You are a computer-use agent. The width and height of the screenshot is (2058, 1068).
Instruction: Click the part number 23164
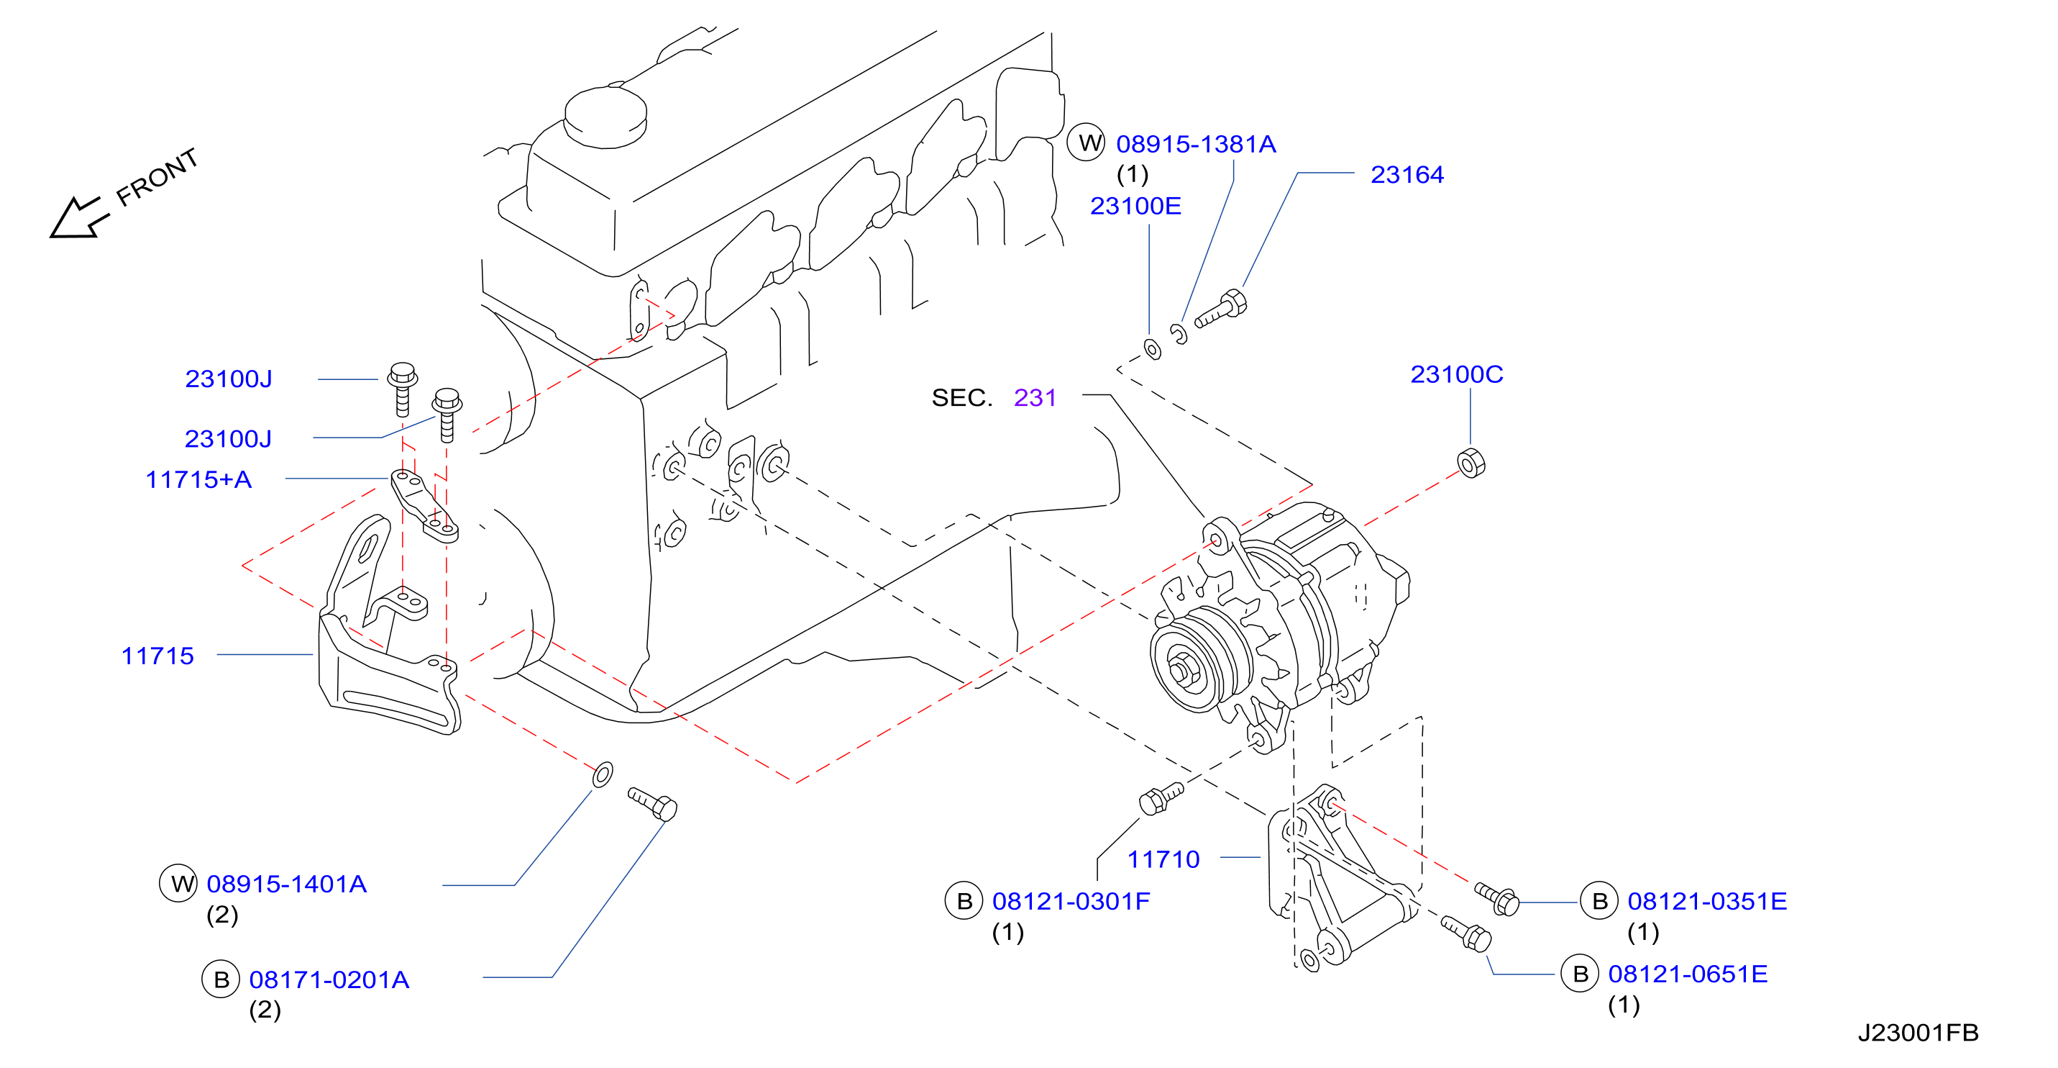1407,174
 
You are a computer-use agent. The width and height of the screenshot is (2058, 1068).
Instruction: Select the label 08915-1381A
1195,144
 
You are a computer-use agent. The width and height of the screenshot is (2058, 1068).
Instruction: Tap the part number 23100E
1135,207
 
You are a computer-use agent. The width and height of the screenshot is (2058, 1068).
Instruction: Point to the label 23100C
1456,374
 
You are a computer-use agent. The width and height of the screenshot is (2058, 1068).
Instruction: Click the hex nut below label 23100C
1471,463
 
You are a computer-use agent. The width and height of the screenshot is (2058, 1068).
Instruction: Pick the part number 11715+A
198,479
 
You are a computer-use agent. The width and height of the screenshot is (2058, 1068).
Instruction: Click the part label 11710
1163,859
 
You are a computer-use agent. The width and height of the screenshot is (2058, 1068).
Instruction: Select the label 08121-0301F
1071,901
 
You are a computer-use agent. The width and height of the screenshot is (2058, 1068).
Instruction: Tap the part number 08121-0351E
1706,901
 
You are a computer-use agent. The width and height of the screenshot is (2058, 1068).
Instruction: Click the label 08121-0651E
1687,974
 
